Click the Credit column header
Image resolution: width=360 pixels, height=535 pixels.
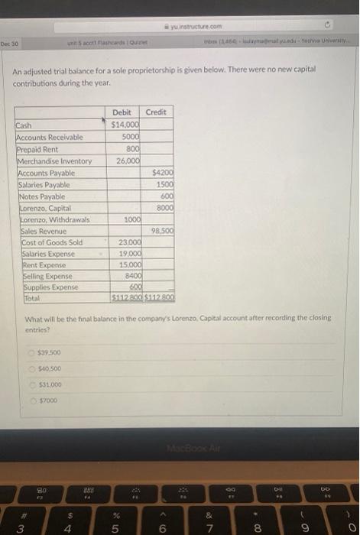coord(155,112)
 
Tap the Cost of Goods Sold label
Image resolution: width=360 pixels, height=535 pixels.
coord(47,242)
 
